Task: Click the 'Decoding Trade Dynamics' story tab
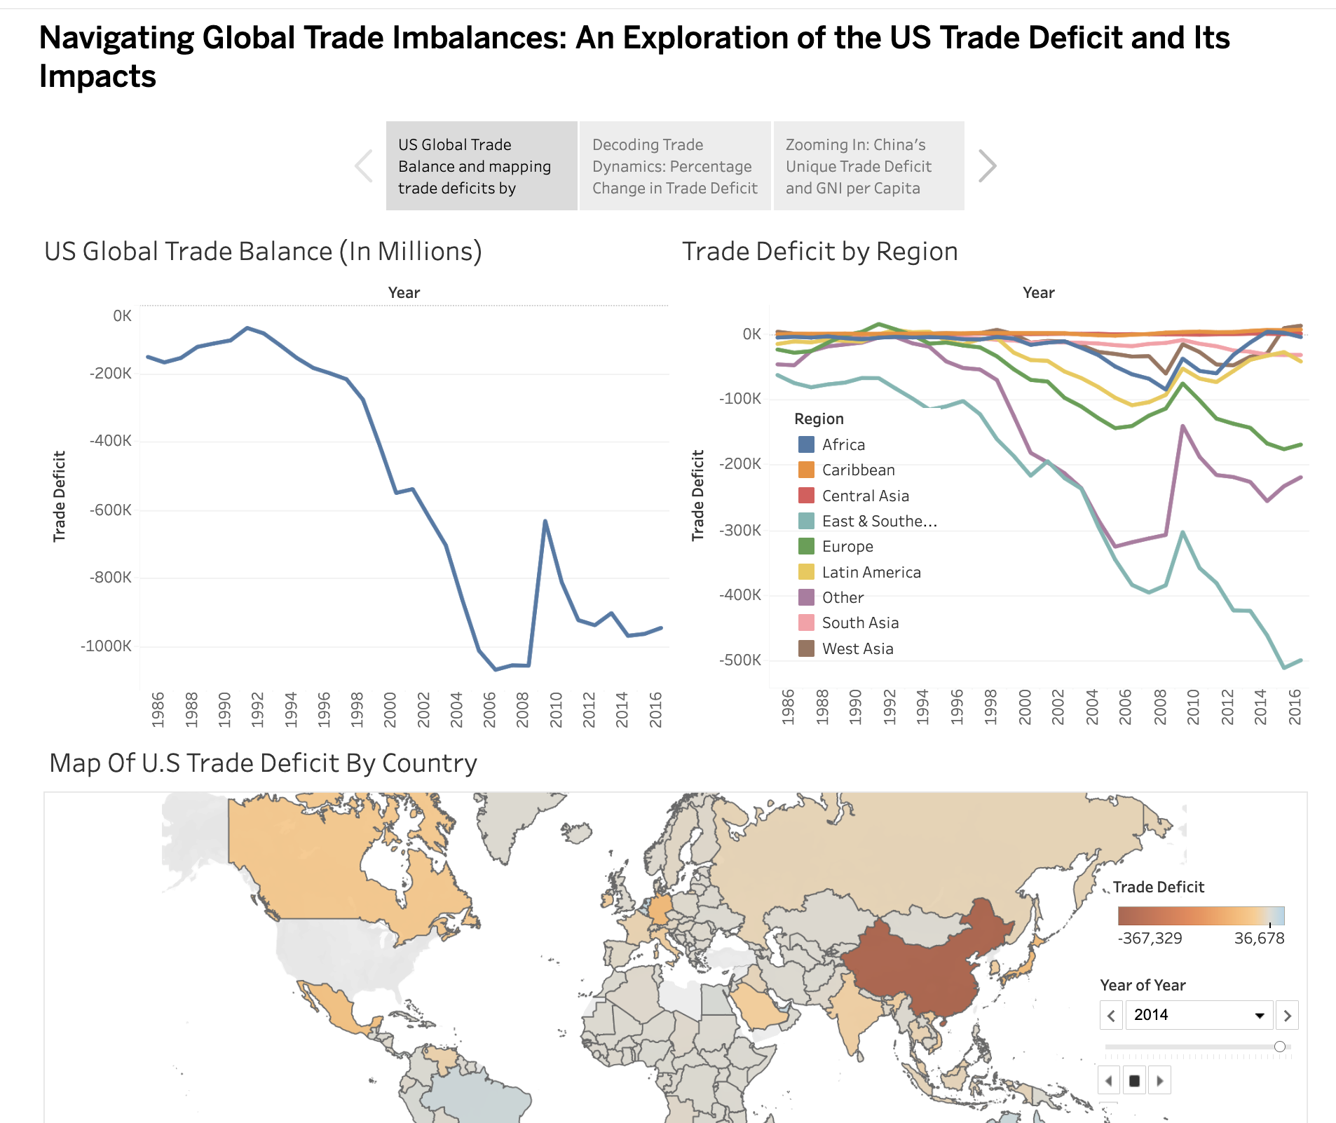[x=674, y=166]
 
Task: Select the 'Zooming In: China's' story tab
[x=868, y=166]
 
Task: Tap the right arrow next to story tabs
[x=986, y=166]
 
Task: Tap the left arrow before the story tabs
[x=364, y=166]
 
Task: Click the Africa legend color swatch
[x=806, y=444]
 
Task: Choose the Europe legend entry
[x=847, y=547]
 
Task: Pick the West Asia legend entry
[x=857, y=649]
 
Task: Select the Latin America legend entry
[x=871, y=573]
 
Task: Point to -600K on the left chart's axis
[x=111, y=510]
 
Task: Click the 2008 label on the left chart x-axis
[x=522, y=709]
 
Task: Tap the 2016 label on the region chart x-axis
[x=1295, y=707]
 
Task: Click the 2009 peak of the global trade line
[x=545, y=522]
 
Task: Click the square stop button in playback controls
[x=1134, y=1081]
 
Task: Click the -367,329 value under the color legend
[x=1150, y=939]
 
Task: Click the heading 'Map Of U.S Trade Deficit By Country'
[x=263, y=763]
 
